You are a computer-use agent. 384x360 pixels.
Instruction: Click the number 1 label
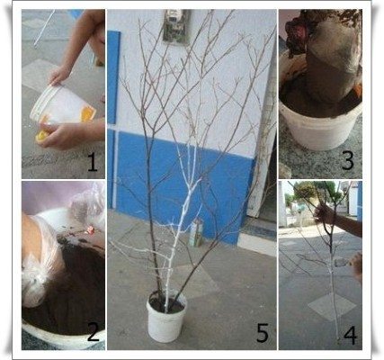point(93,162)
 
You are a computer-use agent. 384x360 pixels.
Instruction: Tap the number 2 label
point(93,332)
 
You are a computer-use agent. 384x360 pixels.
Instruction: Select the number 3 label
point(348,160)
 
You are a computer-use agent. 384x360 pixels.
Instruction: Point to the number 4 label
point(351,335)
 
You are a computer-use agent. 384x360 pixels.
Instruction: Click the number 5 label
point(263,333)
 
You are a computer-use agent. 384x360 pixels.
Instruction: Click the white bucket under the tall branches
point(165,317)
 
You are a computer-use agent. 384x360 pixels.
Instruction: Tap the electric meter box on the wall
point(176,26)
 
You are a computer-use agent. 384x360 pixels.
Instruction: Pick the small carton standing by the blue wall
point(196,233)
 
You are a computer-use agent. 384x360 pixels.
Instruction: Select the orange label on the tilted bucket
point(87,113)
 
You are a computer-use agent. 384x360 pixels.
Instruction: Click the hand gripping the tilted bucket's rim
point(59,75)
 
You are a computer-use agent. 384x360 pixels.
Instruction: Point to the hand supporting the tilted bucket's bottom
point(61,135)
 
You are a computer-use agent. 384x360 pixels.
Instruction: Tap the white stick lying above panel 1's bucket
point(44,29)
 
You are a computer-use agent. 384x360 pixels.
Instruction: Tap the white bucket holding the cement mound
point(320,126)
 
